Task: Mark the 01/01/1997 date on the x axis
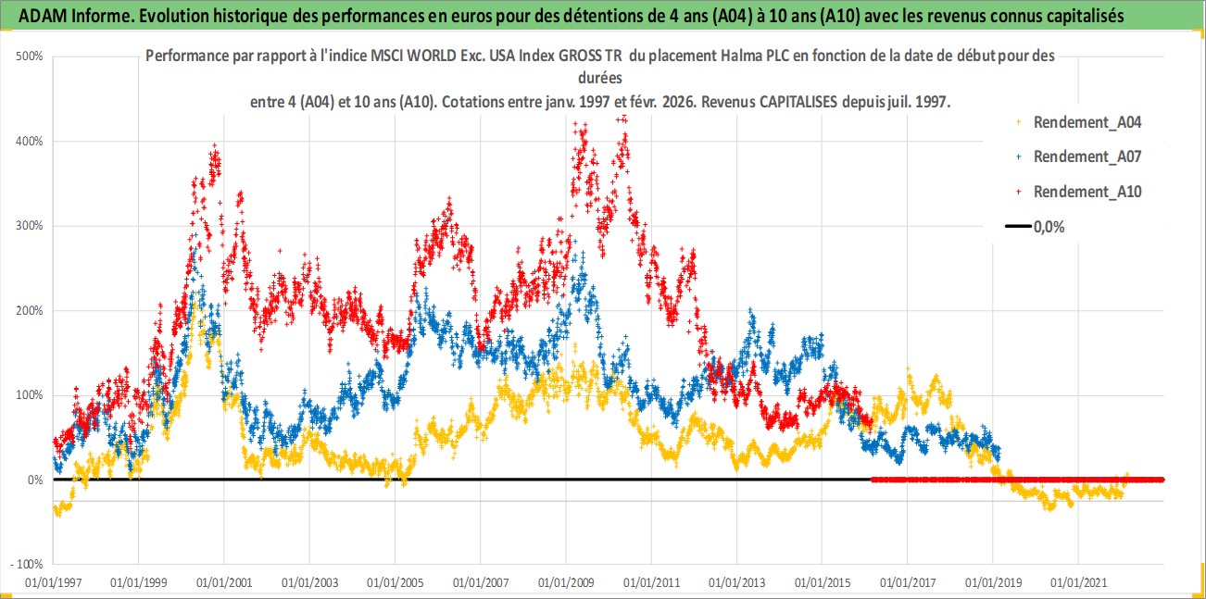coord(53,583)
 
